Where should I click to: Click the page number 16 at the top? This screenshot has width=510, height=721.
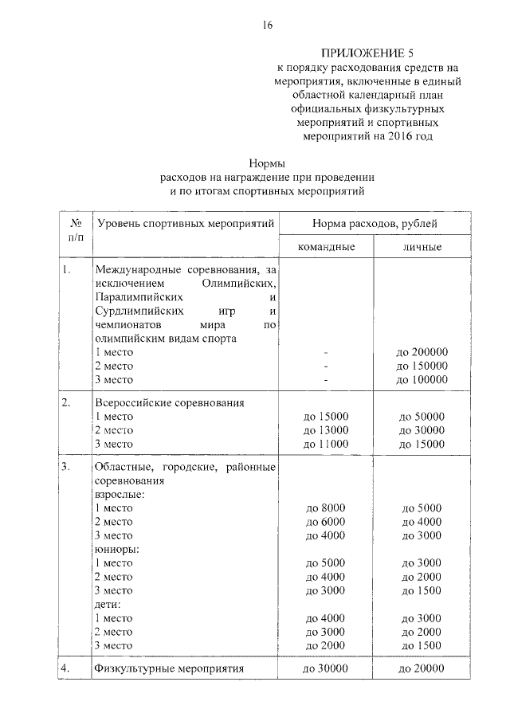click(267, 25)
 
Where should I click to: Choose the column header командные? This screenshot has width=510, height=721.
click(326, 248)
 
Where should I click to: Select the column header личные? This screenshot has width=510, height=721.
click(422, 248)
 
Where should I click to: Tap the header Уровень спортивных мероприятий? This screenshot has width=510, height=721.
click(185, 223)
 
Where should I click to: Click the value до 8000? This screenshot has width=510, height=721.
click(326, 508)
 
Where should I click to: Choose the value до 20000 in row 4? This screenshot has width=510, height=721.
click(422, 669)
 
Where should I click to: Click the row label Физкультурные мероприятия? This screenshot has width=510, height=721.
click(168, 669)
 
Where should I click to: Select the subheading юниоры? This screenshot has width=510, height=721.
click(117, 549)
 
